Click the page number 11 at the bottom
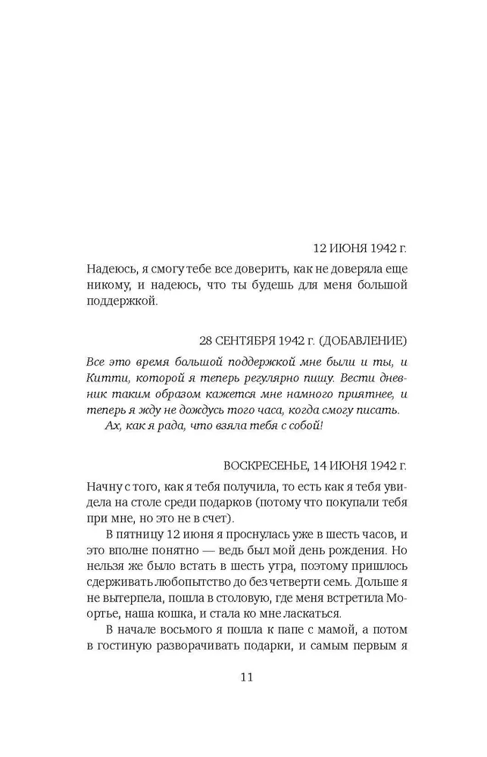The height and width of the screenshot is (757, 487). tap(243, 677)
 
